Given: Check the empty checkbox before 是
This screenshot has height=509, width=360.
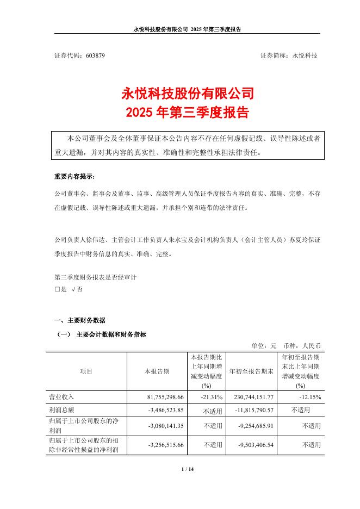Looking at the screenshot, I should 57,290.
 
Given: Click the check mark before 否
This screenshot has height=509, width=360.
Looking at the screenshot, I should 73,290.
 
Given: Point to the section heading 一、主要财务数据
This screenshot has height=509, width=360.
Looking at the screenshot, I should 80,320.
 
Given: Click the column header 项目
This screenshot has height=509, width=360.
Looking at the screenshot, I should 86,371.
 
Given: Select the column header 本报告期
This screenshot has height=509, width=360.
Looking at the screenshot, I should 157,371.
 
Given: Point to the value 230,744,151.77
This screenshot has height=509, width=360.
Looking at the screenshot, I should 255,398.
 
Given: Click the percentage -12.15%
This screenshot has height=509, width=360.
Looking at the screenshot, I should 309,398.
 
